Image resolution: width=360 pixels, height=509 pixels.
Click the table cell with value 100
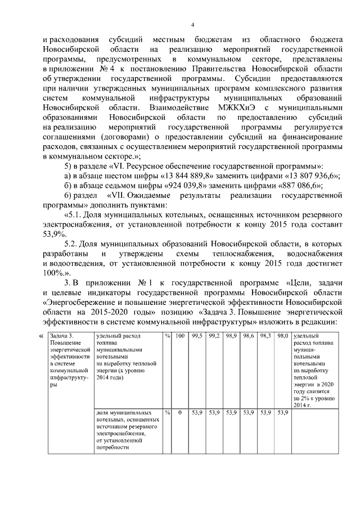179,336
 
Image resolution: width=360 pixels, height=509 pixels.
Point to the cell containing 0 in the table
179,412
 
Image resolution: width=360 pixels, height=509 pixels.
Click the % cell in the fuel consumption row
168,336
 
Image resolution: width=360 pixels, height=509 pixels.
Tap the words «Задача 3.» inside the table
62,336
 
